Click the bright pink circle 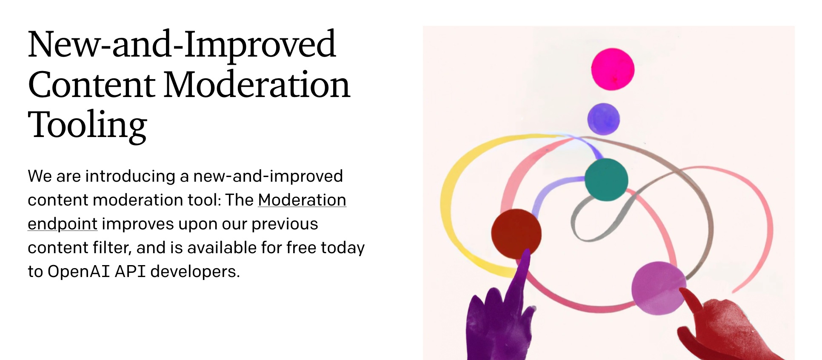click(x=613, y=69)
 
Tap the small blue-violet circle click(x=603, y=119)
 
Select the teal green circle click(x=606, y=179)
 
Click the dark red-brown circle click(x=516, y=234)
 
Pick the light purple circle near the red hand click(x=659, y=288)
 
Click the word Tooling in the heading click(x=87, y=125)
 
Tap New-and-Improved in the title click(x=182, y=45)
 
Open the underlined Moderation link click(x=302, y=200)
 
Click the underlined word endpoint click(x=63, y=224)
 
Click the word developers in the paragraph click(x=195, y=271)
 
